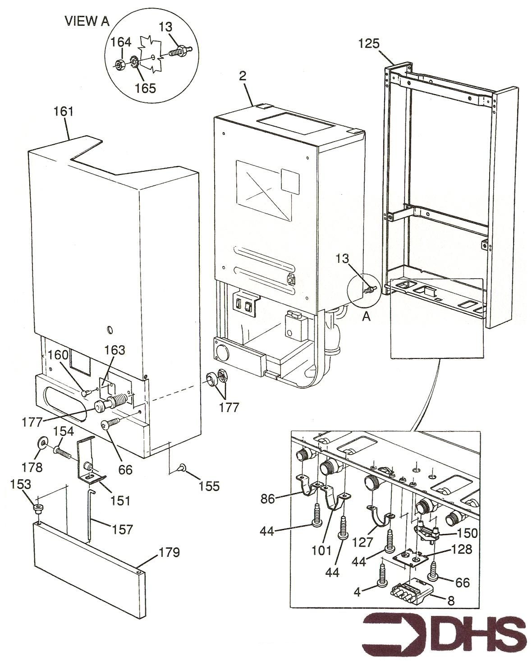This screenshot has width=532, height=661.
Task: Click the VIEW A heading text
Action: click(x=87, y=21)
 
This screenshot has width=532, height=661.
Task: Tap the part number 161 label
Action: click(x=64, y=111)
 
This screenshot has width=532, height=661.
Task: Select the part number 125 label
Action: click(x=369, y=44)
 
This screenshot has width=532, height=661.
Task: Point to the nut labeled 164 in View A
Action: click(x=119, y=65)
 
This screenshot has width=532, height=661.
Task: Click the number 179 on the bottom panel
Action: click(x=169, y=552)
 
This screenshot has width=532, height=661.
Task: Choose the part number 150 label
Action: click(x=467, y=533)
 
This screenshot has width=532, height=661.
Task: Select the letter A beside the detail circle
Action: click(x=367, y=317)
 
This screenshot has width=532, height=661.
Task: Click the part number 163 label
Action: click(x=115, y=350)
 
